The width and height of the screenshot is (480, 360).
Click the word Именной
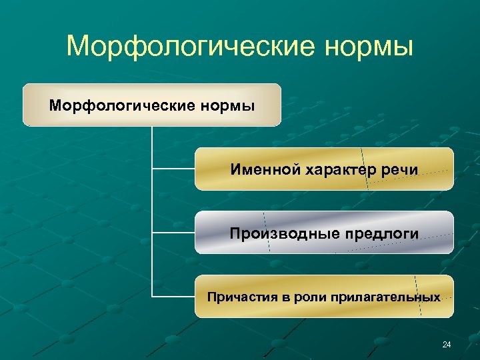click(265, 169)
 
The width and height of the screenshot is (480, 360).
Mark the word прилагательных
click(384, 297)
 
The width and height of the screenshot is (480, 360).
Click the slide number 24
click(446, 345)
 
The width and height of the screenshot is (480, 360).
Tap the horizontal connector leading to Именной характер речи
click(173, 169)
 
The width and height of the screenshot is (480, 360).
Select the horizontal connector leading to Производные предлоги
click(173, 233)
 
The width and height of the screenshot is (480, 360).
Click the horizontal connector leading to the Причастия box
click(173, 296)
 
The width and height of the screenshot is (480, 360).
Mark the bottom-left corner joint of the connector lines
click(153, 296)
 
